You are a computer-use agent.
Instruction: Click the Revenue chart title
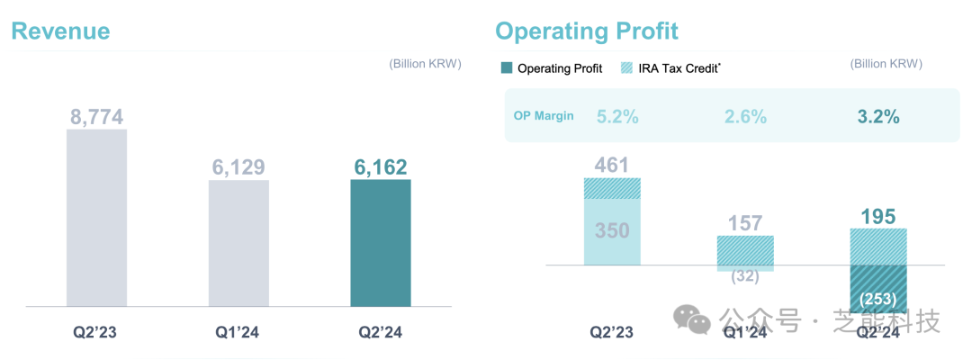tap(60, 31)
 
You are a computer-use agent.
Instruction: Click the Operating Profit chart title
tap(586, 31)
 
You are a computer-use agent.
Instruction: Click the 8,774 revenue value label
tap(96, 117)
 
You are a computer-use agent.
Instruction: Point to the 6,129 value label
tap(238, 167)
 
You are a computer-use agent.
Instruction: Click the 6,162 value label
tap(380, 167)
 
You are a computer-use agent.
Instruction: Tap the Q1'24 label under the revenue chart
tap(238, 332)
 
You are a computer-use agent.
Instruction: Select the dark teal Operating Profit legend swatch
tap(506, 68)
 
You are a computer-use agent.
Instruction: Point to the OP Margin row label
tap(543, 116)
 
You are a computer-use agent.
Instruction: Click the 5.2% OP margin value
tap(617, 116)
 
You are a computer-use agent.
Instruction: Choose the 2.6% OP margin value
tap(745, 116)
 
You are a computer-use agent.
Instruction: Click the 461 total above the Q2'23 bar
tap(612, 165)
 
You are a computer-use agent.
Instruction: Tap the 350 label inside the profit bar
tap(612, 230)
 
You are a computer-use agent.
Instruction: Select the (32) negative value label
tap(745, 277)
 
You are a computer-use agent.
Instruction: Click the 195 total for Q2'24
tap(877, 216)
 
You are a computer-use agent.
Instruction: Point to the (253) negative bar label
tap(877, 298)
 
